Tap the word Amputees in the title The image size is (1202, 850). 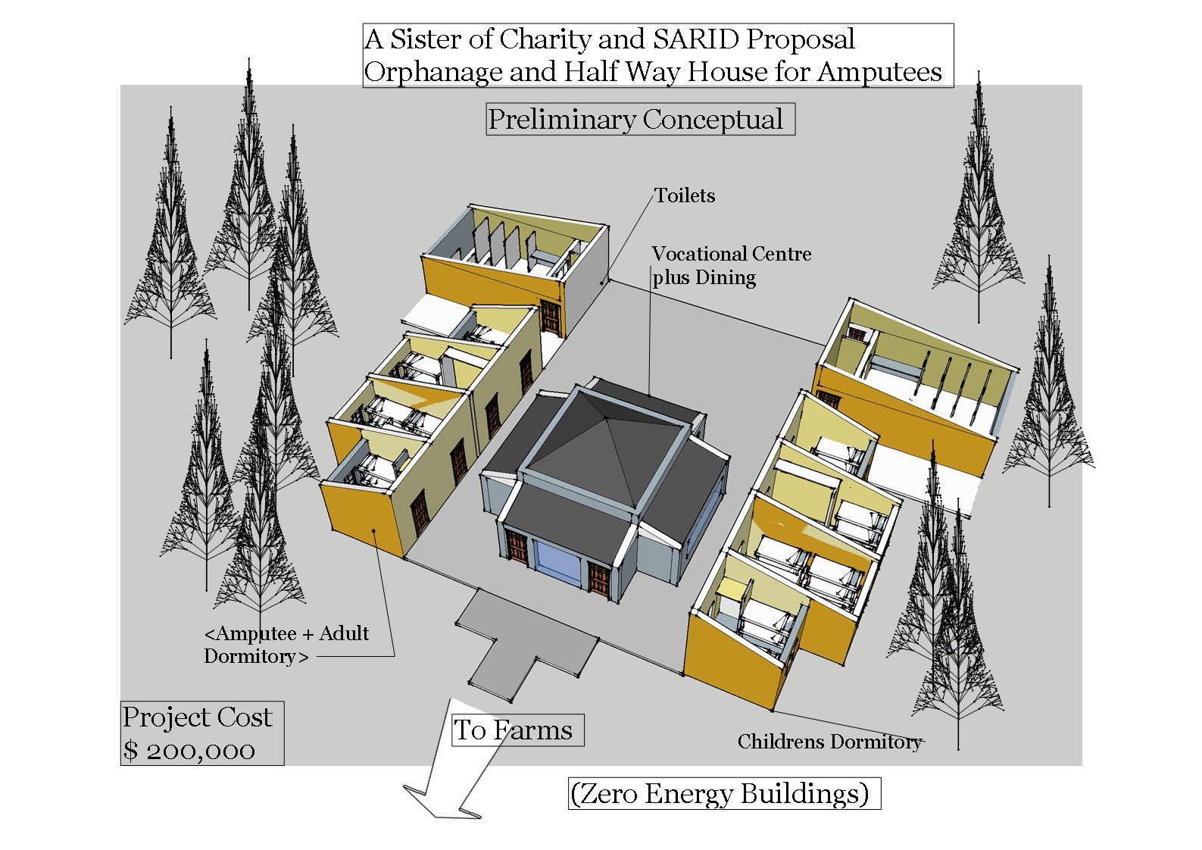(x=879, y=73)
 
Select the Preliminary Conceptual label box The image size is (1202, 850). (x=640, y=120)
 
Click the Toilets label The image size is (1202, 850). (x=685, y=196)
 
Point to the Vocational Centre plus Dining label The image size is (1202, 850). (x=731, y=265)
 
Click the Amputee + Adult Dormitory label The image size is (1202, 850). (x=286, y=645)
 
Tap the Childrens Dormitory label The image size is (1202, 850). (x=829, y=742)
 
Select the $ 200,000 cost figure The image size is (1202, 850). (x=190, y=750)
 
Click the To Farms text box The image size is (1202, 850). (x=517, y=730)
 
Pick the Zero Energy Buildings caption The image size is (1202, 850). (x=724, y=794)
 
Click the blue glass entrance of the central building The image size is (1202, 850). (x=559, y=564)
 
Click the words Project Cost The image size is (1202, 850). (x=198, y=717)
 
